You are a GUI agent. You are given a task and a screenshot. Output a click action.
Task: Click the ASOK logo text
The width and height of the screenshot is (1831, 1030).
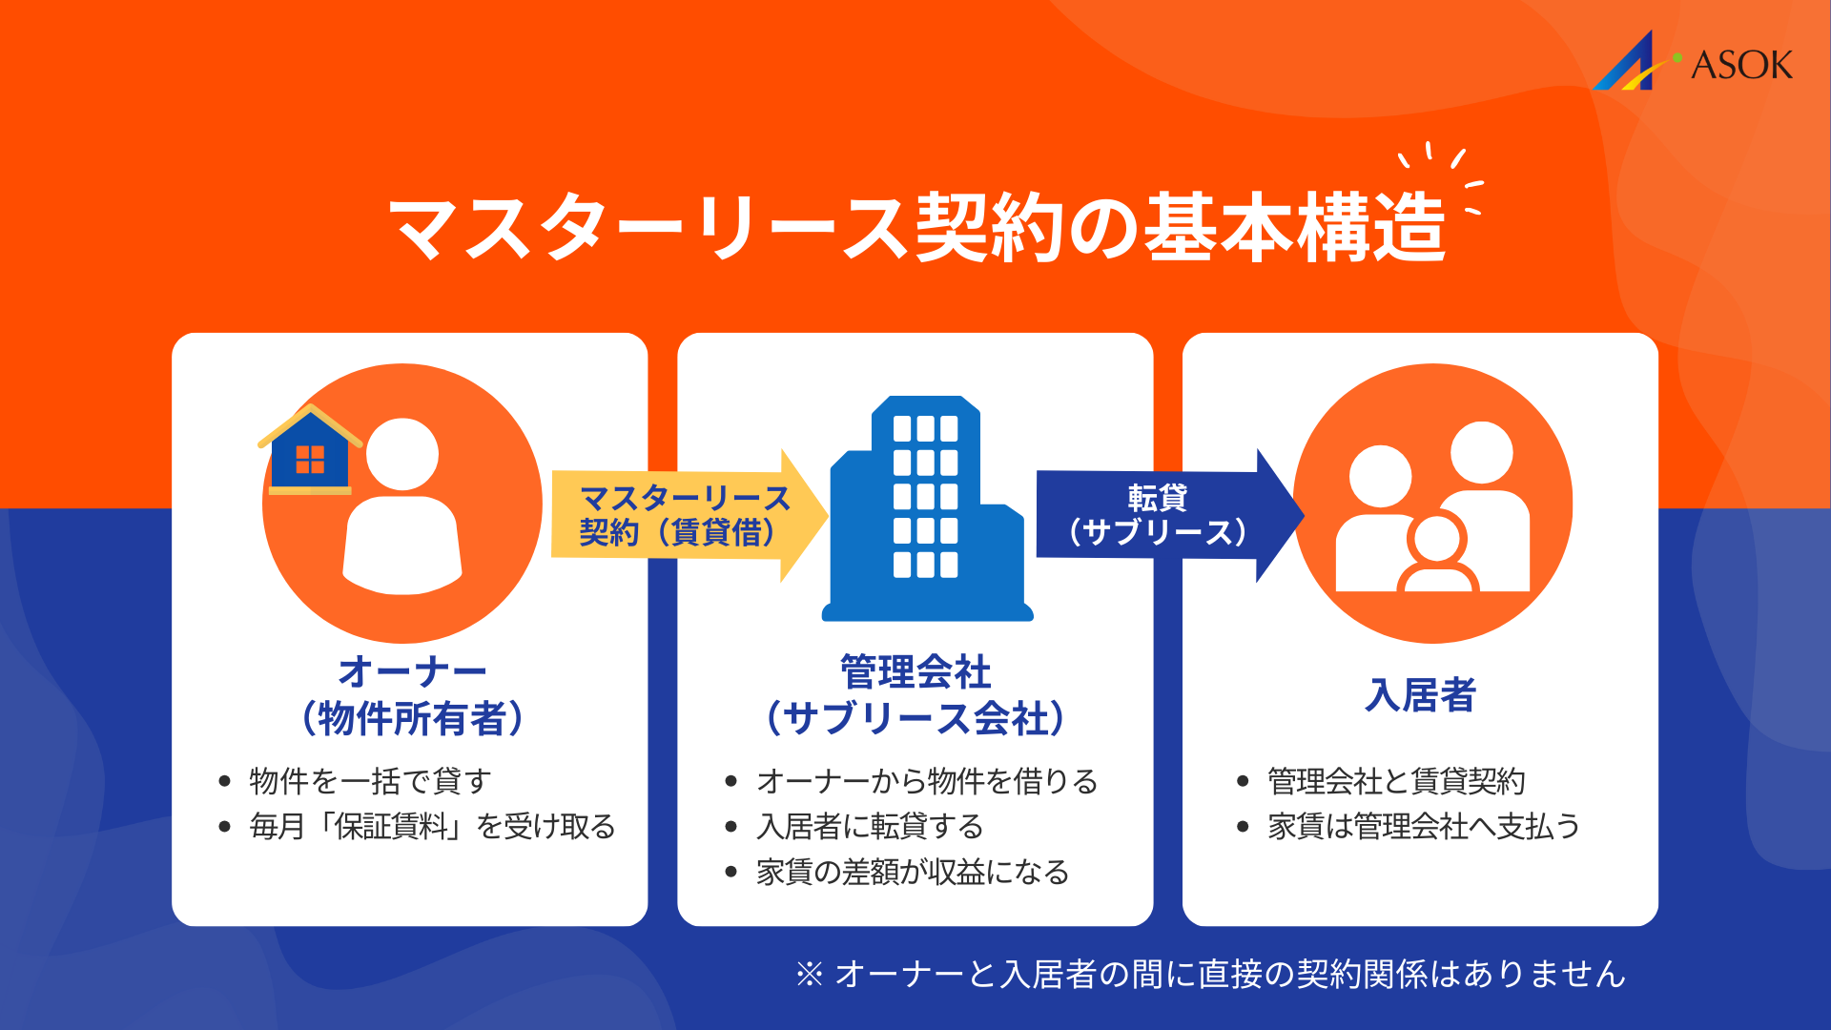tap(1740, 65)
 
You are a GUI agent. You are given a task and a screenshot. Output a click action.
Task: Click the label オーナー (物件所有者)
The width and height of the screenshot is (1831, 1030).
tap(412, 695)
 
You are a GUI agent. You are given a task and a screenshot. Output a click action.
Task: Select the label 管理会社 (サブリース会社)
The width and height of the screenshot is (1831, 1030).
tap(915, 695)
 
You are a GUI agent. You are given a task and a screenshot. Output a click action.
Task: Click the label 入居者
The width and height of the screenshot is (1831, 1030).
tap(1420, 695)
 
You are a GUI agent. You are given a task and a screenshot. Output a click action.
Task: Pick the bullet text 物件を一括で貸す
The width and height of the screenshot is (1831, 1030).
tap(370, 781)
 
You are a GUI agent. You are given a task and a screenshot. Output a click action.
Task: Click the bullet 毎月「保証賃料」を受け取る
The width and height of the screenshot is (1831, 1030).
tap(432, 826)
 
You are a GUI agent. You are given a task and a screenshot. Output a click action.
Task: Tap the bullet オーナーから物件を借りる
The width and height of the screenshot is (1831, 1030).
tap(927, 781)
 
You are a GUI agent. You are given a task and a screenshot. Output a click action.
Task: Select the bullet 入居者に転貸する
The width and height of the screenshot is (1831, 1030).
tap(870, 826)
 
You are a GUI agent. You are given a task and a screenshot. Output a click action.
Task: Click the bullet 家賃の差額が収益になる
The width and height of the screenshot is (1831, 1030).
tap(913, 872)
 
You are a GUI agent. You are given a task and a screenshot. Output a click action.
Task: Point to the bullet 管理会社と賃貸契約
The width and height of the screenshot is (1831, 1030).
tap(1396, 781)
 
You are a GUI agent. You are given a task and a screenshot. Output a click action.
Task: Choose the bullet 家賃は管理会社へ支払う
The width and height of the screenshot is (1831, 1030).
tap(1424, 826)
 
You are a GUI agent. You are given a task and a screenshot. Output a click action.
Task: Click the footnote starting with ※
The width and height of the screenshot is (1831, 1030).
tap(1211, 974)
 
